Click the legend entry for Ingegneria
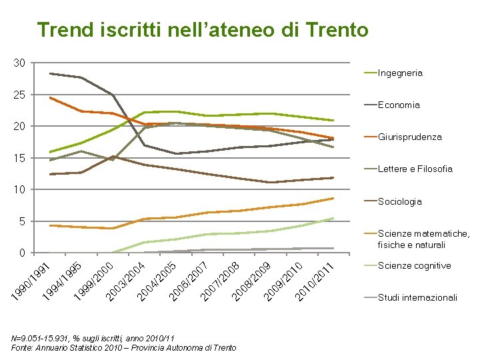click(x=400, y=73)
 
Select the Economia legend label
click(x=399, y=105)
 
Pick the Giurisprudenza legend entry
click(x=409, y=137)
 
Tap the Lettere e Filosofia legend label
click(x=415, y=169)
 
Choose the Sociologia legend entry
click(x=400, y=201)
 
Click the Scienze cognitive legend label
click(x=415, y=265)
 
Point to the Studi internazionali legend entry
click(x=417, y=297)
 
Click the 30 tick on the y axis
click(x=19, y=63)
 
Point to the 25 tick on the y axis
click(x=19, y=95)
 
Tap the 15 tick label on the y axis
click(x=19, y=158)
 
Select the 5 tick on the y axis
click(x=22, y=221)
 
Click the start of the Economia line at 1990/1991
click(x=50, y=73)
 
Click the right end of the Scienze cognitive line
click(x=333, y=218)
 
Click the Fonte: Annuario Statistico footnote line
click(x=124, y=348)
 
